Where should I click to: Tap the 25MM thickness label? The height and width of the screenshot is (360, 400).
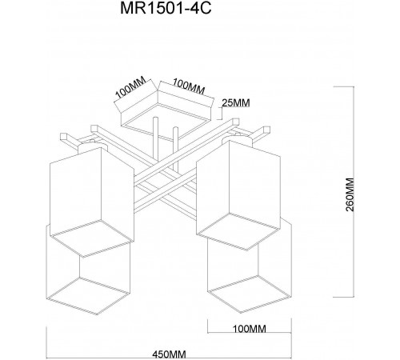tap(236, 102)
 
